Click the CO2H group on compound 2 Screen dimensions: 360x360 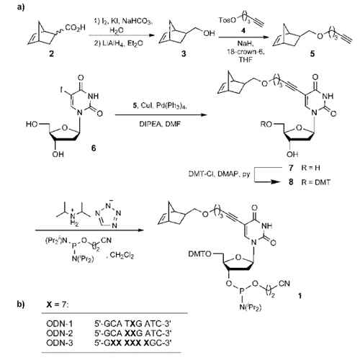75,28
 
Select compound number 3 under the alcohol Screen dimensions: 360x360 184,53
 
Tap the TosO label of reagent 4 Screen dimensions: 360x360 228,20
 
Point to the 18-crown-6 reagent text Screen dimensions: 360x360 246,51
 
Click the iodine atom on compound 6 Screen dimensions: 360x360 61,90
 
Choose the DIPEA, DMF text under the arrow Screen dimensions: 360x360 160,124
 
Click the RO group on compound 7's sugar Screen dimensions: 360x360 267,125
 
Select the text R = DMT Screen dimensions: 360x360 316,182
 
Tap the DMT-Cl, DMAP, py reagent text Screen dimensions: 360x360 219,174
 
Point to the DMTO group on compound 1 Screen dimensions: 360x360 200,254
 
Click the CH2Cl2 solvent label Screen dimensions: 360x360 122,256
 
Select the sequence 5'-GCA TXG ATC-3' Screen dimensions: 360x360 132,324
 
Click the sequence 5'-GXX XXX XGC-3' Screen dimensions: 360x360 132,343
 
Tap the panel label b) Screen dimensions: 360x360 21,305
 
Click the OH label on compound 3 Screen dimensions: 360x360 210,33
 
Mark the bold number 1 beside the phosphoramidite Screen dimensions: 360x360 300,296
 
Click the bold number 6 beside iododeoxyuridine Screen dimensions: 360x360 94,148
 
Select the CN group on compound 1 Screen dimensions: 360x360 284,284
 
